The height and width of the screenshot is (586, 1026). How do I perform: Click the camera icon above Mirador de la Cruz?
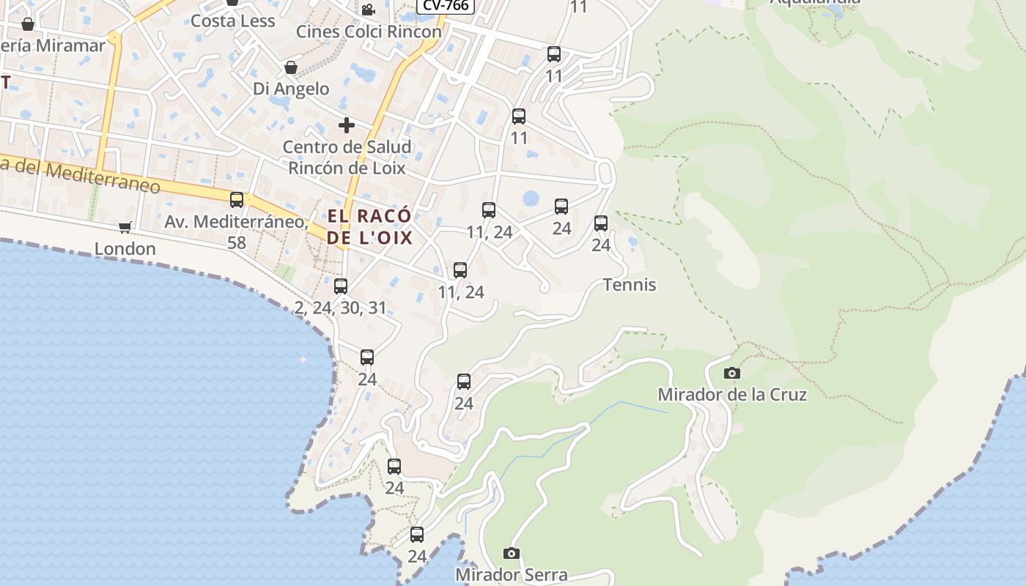[x=731, y=374]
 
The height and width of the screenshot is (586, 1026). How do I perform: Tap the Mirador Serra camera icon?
[x=512, y=553]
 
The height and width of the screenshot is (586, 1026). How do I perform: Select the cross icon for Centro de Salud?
[x=347, y=125]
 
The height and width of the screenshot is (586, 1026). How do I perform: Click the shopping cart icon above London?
[x=125, y=228]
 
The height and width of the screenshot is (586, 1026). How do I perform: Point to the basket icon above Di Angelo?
[x=291, y=68]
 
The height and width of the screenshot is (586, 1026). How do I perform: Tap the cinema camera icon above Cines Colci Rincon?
[x=368, y=10]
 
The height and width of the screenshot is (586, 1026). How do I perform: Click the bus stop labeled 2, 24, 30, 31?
[x=341, y=286]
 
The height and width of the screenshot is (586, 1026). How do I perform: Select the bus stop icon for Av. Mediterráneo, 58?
[x=237, y=200]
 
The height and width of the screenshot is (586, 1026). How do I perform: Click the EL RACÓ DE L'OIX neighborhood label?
[x=369, y=227]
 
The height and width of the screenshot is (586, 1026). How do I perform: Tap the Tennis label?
[x=629, y=285]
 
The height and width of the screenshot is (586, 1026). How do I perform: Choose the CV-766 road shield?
[x=446, y=4]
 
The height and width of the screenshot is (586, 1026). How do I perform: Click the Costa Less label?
[x=232, y=21]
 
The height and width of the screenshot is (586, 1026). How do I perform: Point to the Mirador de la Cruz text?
[x=731, y=395]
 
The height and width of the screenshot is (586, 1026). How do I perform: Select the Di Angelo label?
[x=291, y=89]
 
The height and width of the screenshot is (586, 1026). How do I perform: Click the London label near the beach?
[x=125, y=249]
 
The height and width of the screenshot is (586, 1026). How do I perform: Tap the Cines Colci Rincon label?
[x=369, y=31]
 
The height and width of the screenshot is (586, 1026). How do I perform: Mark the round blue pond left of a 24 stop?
[x=531, y=199]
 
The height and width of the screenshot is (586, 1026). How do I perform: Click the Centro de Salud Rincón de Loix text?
[x=347, y=157]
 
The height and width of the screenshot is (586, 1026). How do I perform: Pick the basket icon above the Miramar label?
[x=28, y=24]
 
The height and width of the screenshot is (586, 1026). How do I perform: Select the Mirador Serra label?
[x=512, y=575]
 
